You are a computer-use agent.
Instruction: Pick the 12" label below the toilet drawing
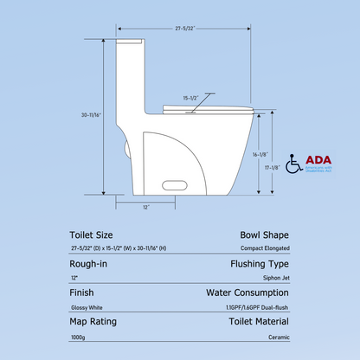[146, 207]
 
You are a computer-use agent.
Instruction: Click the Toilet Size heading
[93, 235]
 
